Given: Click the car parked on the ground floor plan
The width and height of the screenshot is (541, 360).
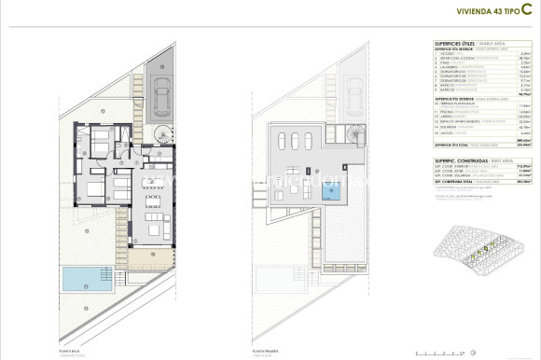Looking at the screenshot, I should click(163, 92).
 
